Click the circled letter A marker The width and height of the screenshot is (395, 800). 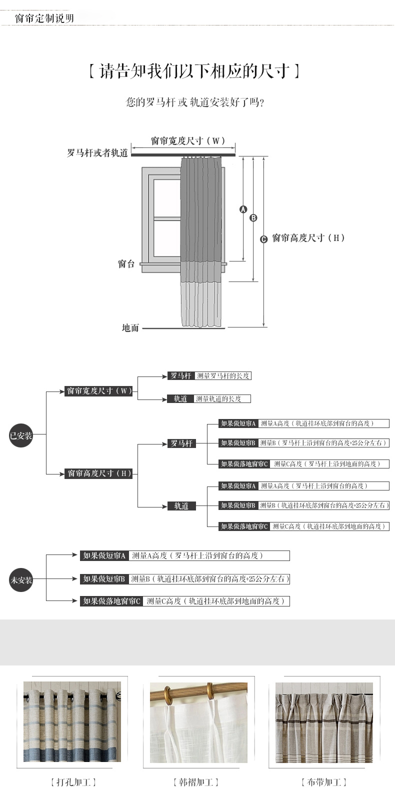(x=243, y=209)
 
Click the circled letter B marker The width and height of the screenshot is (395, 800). (x=253, y=217)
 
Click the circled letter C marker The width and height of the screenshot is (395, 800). (x=264, y=239)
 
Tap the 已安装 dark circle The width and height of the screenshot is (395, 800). (x=21, y=435)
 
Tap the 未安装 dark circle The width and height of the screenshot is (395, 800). (x=21, y=580)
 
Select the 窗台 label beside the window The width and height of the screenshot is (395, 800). (x=126, y=263)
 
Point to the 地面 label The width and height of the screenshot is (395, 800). (x=130, y=328)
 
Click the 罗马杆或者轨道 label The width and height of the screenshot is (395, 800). (x=97, y=153)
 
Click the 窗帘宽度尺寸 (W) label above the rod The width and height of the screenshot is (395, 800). (x=188, y=141)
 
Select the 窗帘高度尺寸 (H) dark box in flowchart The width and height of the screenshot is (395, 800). (x=99, y=473)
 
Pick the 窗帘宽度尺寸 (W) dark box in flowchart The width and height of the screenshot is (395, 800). (x=99, y=390)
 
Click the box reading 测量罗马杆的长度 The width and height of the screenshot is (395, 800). (x=222, y=375)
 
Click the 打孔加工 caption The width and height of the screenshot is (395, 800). (x=73, y=782)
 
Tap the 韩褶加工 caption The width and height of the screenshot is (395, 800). (x=196, y=782)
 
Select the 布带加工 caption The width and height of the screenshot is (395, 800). (x=323, y=782)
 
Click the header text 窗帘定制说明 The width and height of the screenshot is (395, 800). (x=44, y=18)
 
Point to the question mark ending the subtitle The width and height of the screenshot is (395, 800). (x=262, y=102)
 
